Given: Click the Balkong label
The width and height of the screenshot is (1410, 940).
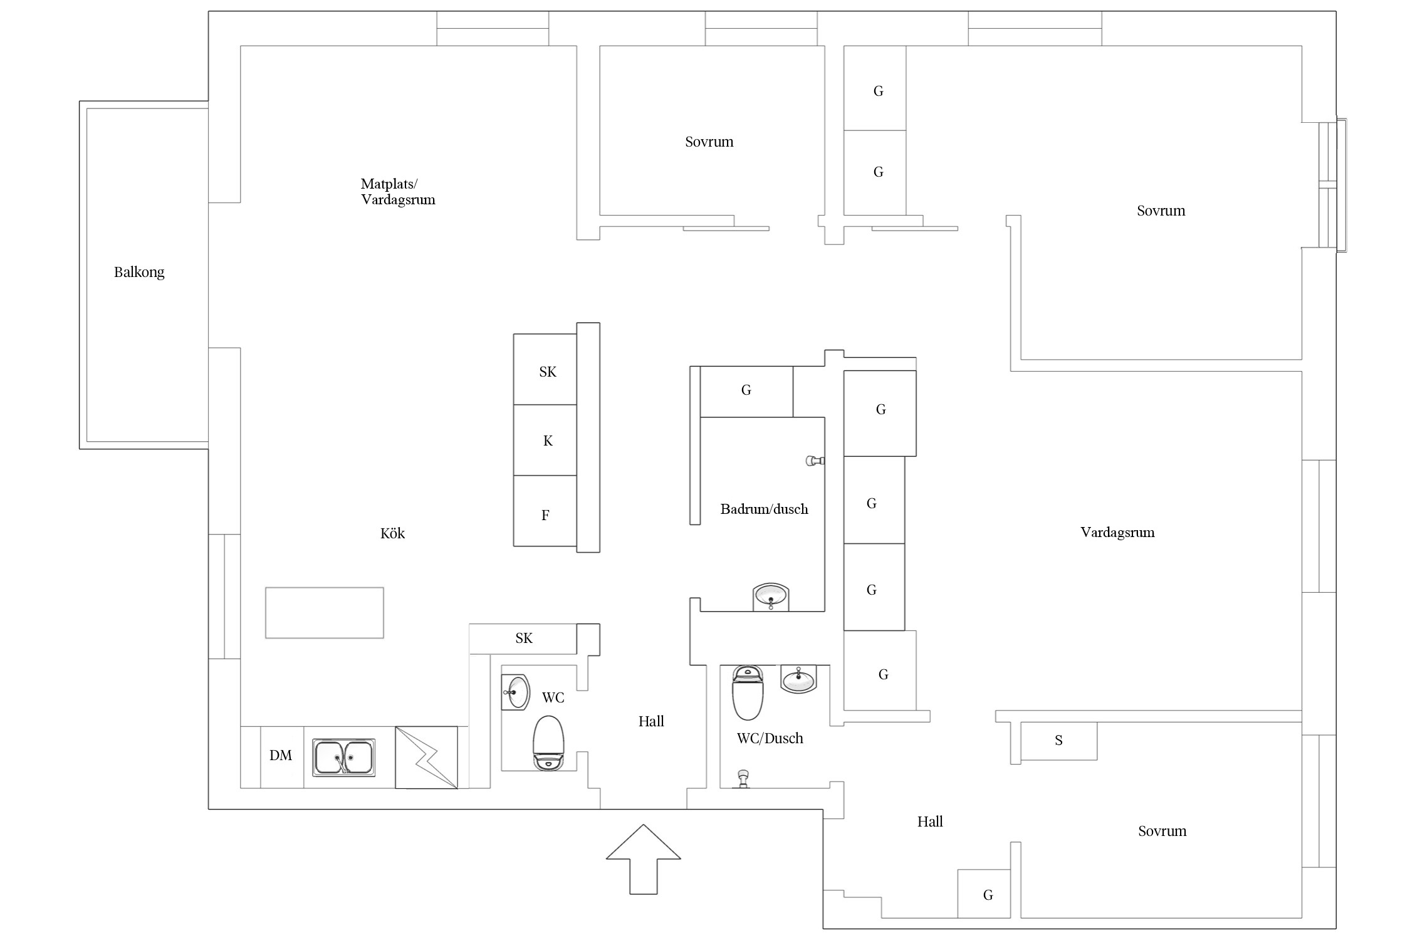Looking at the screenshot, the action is pos(139,272).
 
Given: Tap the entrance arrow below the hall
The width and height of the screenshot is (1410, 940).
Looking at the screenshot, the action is pos(643,859).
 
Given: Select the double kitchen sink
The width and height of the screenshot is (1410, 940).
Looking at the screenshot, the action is pos(344,758).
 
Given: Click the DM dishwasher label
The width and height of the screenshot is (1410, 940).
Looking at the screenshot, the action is pos(281,755).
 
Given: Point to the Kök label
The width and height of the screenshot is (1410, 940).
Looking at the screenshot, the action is pos(392,533).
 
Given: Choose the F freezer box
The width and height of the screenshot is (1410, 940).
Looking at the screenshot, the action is pos(545,511).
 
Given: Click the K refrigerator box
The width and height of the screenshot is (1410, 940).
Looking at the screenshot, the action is pos(545,440).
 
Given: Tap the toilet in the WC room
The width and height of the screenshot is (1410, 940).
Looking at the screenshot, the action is pos(548,743).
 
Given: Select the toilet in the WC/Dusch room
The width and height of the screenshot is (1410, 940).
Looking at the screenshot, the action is pos(748,692).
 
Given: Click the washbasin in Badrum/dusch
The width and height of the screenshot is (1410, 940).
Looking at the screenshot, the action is pos(771,597).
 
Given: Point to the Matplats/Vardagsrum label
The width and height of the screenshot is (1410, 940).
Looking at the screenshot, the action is pos(398,192).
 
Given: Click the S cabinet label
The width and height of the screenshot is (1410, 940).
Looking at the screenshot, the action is pos(1058,741).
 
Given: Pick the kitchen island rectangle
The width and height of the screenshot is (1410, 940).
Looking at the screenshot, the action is pos(325,613).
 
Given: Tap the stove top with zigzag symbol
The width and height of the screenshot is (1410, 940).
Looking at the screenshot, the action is pos(426,757).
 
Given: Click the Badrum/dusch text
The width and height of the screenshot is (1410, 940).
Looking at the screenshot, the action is pos(764,509).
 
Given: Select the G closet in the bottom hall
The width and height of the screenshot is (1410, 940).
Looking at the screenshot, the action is pos(984,894).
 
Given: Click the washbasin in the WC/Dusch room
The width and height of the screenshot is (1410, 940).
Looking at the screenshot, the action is pos(798,679).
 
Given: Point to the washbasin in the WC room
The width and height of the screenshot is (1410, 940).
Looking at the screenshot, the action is pos(516,692).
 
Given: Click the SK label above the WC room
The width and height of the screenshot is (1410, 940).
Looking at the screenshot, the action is pos(524,638).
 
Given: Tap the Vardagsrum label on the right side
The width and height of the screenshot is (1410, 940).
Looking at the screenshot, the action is pos(1117,533).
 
